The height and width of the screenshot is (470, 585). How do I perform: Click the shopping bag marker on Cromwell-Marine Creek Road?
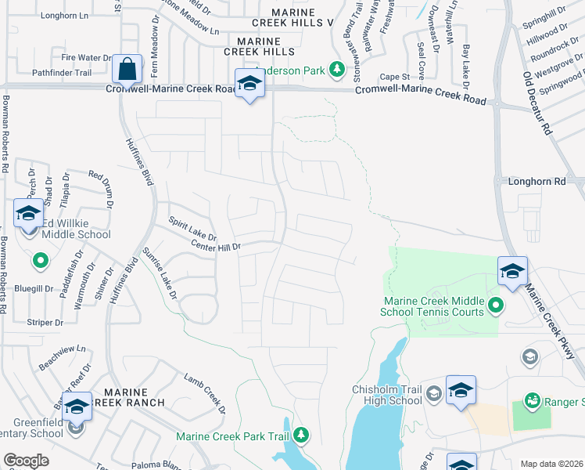(126, 69)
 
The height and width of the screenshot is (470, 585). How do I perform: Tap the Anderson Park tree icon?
(337, 70)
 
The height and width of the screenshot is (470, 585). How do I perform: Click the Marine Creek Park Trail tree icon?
(300, 435)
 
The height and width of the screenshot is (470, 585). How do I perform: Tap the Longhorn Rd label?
(536, 182)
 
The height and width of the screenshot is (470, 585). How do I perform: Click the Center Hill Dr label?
(216, 247)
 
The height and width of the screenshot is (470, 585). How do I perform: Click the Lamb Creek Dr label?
(205, 393)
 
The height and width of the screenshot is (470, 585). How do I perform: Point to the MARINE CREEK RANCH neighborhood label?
(125, 396)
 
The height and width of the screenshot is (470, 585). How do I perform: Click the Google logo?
(26, 461)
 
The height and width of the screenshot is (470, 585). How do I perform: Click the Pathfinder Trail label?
(63, 73)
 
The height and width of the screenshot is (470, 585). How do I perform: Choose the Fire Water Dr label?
(87, 58)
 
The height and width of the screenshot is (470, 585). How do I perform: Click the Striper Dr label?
(45, 323)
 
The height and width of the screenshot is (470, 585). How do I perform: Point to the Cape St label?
(396, 77)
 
